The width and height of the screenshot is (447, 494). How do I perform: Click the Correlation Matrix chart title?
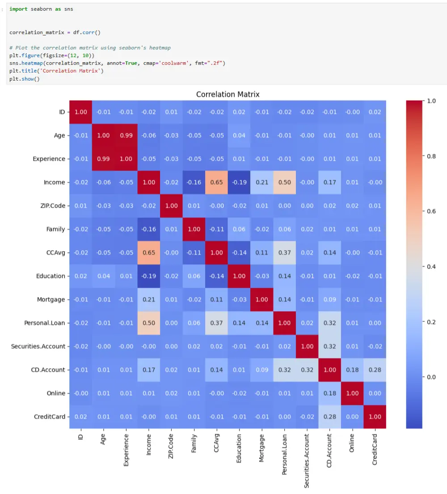[x=228, y=94]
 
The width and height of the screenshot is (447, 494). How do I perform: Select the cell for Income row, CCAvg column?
[x=216, y=182]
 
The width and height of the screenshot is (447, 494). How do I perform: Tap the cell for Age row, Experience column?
[x=126, y=136]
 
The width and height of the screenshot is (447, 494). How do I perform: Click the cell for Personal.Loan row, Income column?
[x=148, y=323]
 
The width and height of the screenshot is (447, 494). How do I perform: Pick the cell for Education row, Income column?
[x=148, y=276]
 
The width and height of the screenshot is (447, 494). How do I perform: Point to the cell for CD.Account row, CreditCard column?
[x=375, y=370]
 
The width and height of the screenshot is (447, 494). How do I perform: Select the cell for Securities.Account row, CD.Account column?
[x=329, y=346]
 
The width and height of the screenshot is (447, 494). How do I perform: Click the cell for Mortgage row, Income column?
[x=148, y=299]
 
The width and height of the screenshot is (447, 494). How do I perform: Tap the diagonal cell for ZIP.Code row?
[x=171, y=206]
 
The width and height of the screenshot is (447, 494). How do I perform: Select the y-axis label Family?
[x=55, y=229]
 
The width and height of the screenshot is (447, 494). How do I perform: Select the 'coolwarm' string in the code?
[x=176, y=63]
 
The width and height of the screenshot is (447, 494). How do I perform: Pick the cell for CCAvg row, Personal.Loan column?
[x=284, y=252]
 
